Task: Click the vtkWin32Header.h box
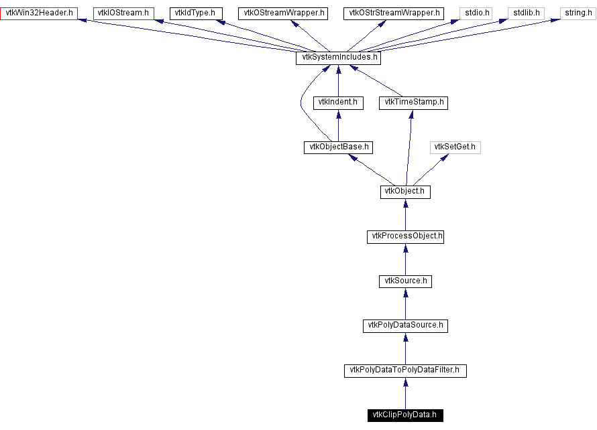[40, 13]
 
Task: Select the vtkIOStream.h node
[124, 13]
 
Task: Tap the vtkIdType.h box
[195, 13]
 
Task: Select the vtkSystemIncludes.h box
[338, 58]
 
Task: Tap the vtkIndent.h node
[338, 102]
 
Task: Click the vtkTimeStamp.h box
[413, 102]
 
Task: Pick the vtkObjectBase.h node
[338, 147]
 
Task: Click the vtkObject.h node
[405, 192]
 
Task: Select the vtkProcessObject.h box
[405, 236]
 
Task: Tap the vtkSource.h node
[405, 281]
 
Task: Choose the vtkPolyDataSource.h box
[405, 326]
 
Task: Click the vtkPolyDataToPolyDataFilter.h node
[405, 370]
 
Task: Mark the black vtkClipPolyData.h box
[405, 415]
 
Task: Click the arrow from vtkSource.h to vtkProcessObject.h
[405, 259]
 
